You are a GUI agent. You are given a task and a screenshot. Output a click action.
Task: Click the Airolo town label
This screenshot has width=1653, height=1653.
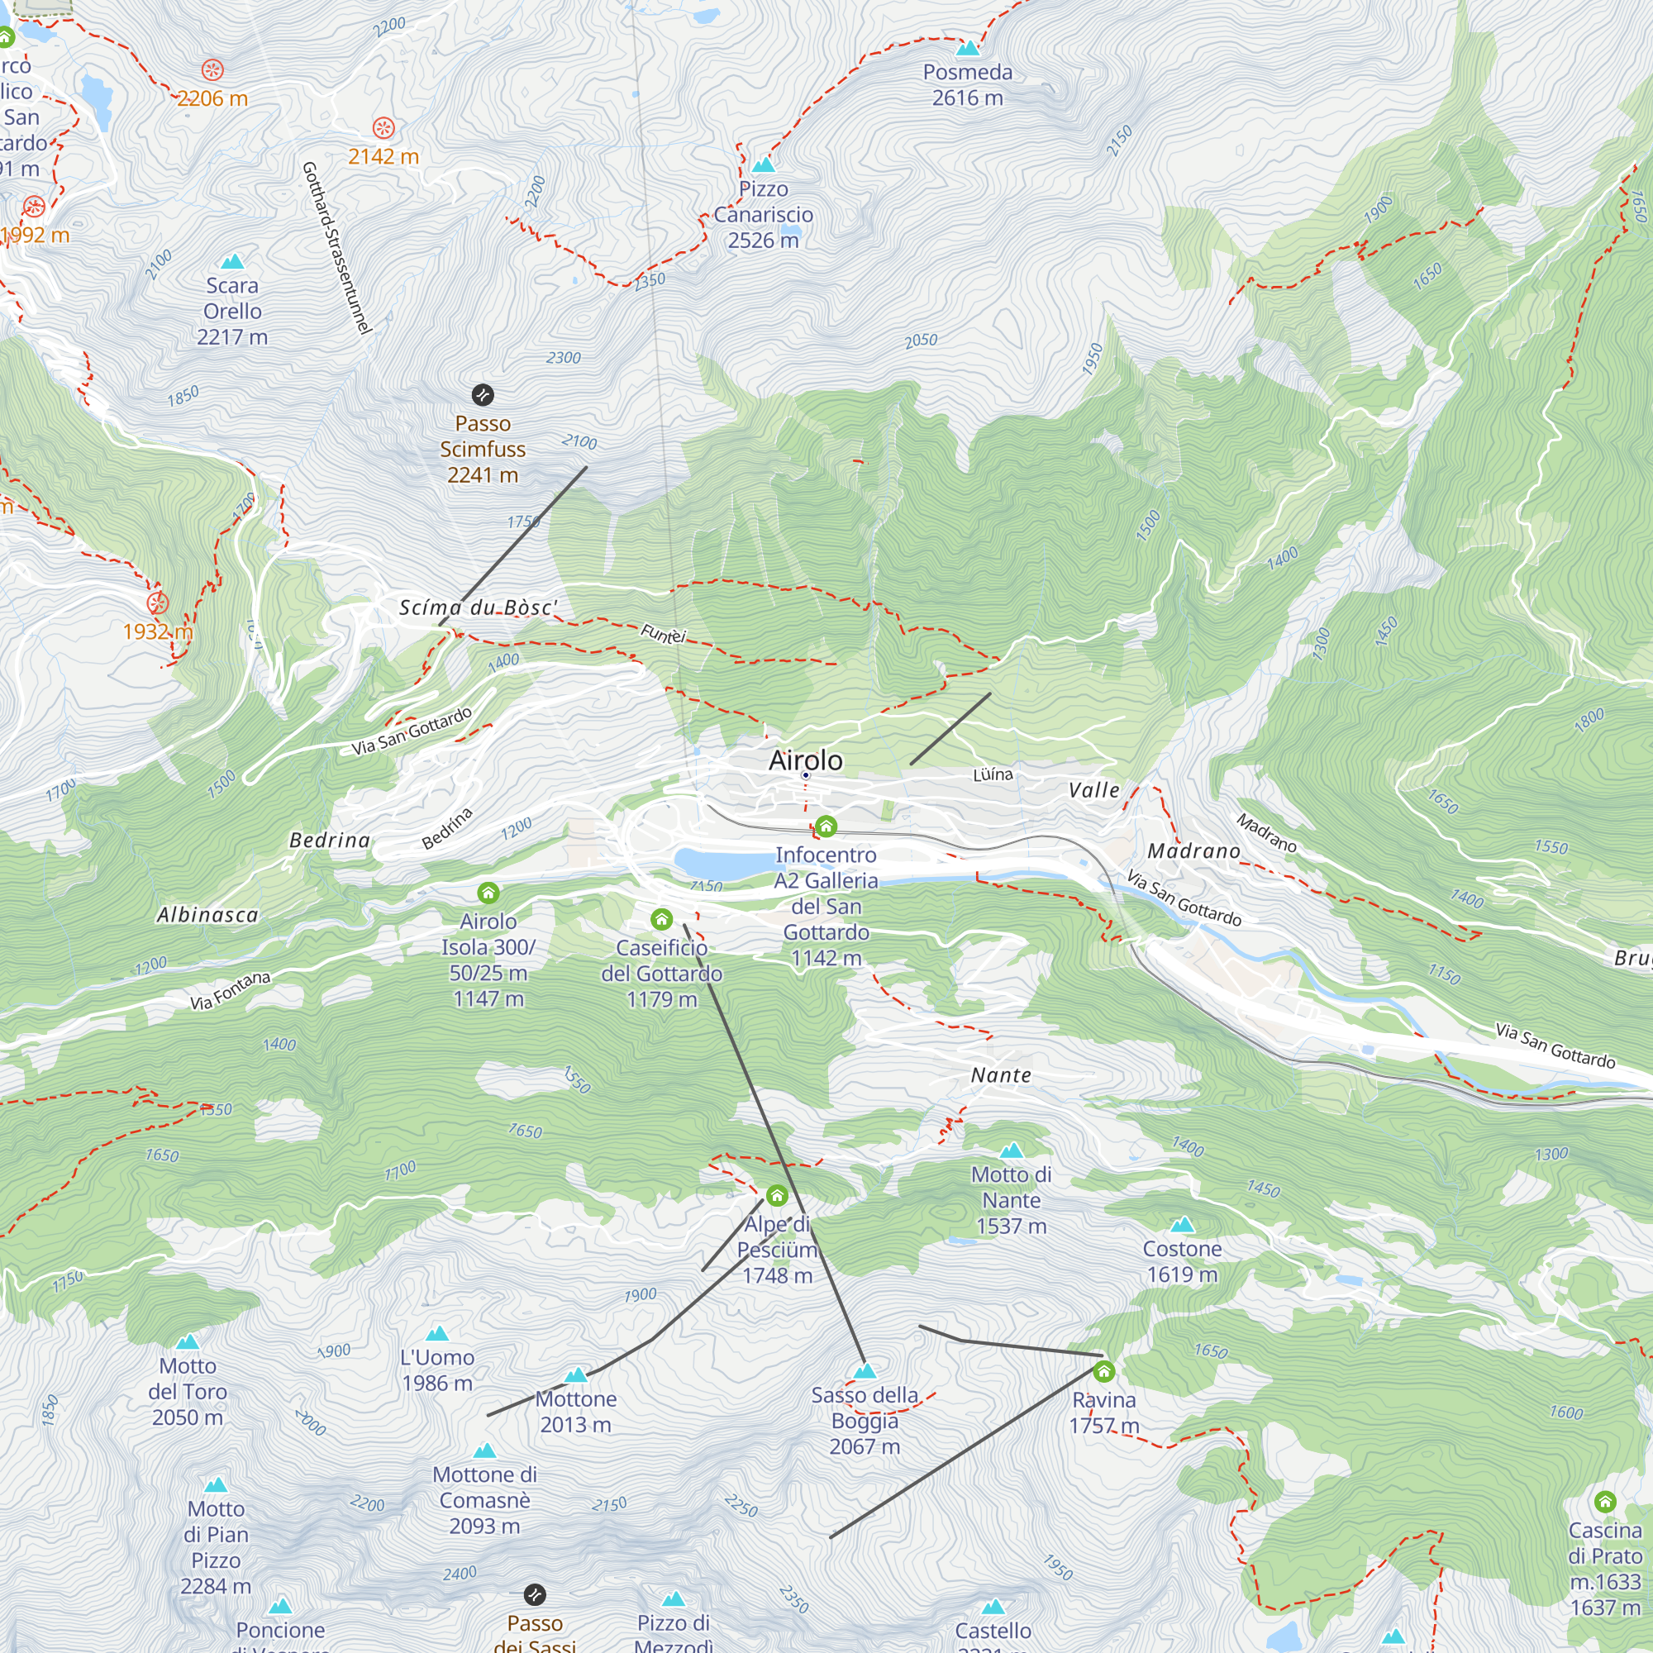click(x=805, y=760)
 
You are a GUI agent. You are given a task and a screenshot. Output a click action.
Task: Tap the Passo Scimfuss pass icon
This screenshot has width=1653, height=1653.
click(x=483, y=394)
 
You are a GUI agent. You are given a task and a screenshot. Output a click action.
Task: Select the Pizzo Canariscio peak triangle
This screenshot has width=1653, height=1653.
click(x=763, y=164)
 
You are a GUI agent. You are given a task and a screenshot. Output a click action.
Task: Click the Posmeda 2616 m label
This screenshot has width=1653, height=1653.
click(x=967, y=84)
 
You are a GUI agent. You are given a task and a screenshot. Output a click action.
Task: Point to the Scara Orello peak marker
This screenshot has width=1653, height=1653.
click(x=232, y=261)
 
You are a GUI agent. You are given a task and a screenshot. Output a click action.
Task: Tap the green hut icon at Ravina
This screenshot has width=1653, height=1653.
click(x=1103, y=1371)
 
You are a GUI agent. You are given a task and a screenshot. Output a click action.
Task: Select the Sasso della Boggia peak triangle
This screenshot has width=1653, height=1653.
click(x=865, y=1370)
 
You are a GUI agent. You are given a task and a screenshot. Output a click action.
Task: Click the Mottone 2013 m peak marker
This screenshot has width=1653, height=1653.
click(x=576, y=1375)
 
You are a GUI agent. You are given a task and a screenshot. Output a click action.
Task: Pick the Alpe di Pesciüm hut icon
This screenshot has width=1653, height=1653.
click(x=777, y=1194)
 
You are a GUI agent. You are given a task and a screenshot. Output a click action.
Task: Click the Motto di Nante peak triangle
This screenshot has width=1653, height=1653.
click(x=1012, y=1150)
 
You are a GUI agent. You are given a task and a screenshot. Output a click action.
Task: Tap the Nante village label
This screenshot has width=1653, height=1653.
click(x=1001, y=1075)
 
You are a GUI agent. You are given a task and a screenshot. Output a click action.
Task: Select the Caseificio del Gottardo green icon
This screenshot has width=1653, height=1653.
click(x=661, y=920)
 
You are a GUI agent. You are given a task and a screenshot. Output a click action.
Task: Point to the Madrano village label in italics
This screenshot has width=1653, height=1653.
click(x=1193, y=851)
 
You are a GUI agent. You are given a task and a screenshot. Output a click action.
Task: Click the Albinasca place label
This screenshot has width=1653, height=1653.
click(x=207, y=915)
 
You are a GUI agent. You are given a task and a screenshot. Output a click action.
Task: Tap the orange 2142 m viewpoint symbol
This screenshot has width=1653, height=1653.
click(x=383, y=128)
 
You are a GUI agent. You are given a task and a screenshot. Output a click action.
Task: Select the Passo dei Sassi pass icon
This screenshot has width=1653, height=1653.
click(x=534, y=1595)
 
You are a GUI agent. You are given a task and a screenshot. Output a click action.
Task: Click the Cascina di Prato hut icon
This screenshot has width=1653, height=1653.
click(x=1605, y=1502)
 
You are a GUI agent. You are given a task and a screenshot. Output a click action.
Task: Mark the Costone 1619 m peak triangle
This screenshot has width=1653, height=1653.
click(x=1182, y=1224)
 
